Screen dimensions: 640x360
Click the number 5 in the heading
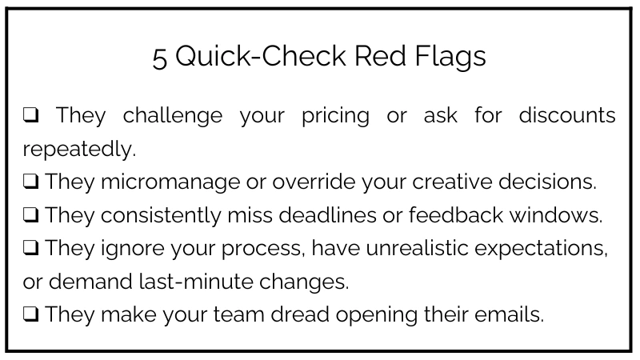coord(159,58)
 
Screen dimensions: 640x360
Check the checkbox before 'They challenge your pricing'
coord(30,114)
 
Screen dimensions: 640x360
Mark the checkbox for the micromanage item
coord(30,182)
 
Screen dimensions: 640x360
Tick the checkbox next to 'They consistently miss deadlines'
coord(30,214)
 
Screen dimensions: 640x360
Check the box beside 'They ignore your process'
coord(30,247)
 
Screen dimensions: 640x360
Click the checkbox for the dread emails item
coord(30,314)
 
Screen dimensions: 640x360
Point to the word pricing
coord(335,116)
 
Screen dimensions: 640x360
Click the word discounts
coord(567,114)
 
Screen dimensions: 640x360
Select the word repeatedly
coord(79,150)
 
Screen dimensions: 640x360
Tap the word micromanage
coord(170,182)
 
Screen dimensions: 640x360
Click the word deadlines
coord(327,214)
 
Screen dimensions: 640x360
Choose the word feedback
coord(456,214)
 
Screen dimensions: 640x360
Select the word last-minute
coord(196,282)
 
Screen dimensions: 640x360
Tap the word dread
coord(300,314)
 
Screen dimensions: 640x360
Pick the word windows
coord(556,214)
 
